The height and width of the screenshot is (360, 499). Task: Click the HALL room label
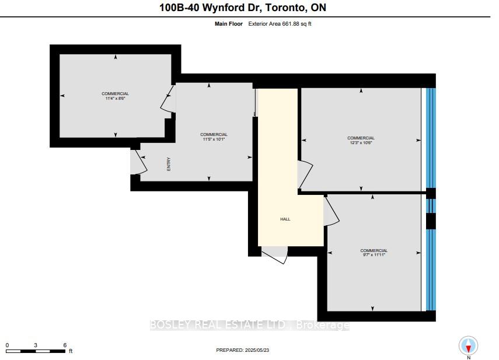285,219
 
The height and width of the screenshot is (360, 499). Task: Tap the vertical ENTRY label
169,164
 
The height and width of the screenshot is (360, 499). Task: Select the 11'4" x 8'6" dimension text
115,98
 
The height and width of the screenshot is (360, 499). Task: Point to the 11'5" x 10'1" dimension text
214,139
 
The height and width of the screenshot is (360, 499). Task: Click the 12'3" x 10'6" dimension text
361,142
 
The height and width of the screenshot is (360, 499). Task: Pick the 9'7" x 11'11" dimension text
374,255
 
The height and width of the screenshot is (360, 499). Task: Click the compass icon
468,345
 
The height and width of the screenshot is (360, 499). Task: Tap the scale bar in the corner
36,351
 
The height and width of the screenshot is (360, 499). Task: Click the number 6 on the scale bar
65,345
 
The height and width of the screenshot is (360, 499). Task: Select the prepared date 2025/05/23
257,350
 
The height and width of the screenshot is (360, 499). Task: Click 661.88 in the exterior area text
291,23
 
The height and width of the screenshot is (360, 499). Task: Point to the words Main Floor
229,23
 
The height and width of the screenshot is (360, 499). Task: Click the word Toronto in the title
285,8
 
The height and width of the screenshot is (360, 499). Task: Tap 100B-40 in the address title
179,8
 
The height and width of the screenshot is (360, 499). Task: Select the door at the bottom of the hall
274,254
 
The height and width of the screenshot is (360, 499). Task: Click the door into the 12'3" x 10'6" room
305,175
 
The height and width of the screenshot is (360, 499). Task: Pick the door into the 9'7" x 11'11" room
331,211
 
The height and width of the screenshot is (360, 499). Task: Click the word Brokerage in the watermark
323,325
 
